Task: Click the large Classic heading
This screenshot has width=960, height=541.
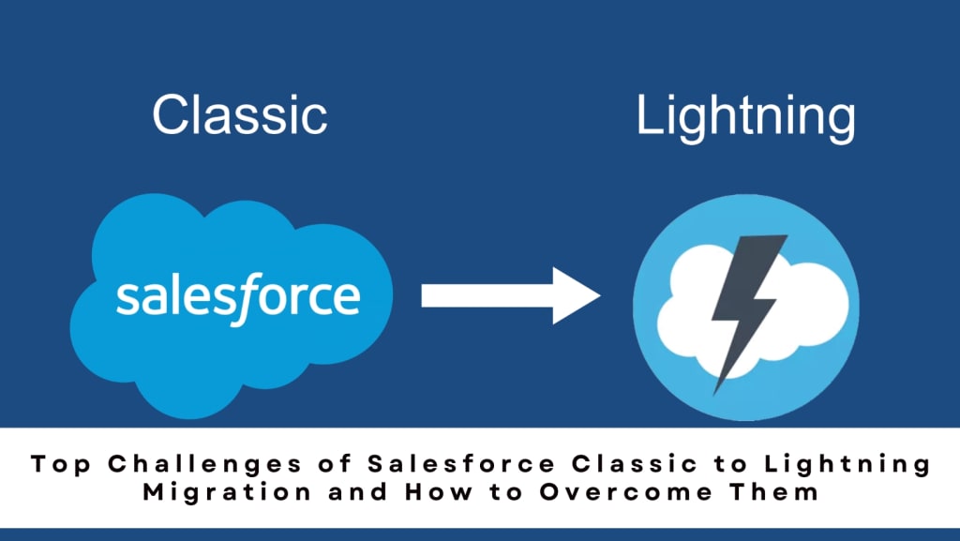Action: pyautogui.click(x=240, y=115)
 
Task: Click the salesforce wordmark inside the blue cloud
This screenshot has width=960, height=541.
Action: pyautogui.click(x=238, y=295)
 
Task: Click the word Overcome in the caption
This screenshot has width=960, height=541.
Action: pyautogui.click(x=638, y=491)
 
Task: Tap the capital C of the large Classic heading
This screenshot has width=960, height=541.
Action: pyautogui.click(x=171, y=115)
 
